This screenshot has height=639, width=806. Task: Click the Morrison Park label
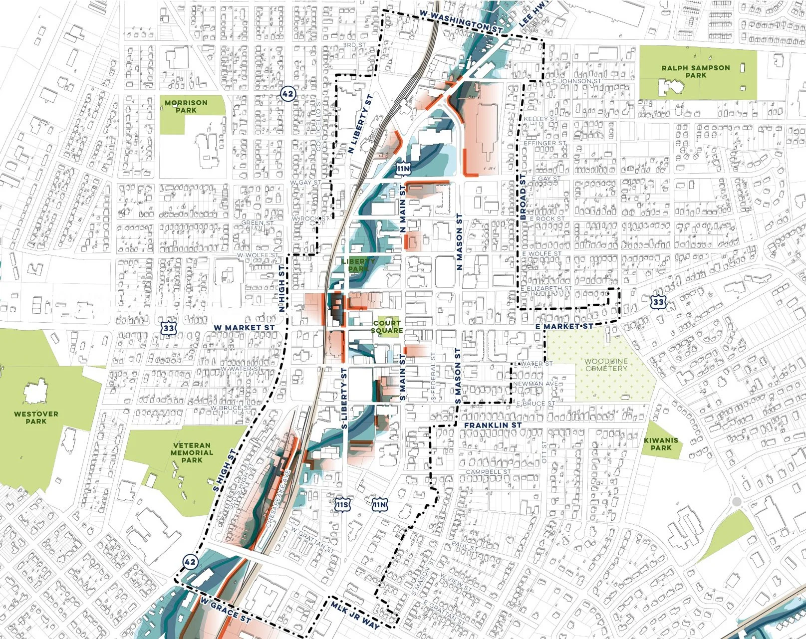pos(186,106)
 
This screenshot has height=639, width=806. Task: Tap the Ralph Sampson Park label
pos(696,71)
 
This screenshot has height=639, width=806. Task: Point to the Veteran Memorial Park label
pos(192,452)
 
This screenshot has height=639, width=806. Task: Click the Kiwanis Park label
pos(661,444)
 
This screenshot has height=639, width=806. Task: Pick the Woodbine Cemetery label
pos(606,365)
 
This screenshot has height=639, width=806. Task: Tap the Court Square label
pos(387,327)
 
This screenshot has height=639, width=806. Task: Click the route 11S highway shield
pos(342,505)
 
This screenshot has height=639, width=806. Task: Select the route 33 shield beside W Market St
pos(169,328)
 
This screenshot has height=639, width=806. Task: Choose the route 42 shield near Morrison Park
pos(287,93)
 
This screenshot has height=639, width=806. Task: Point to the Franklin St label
pos(493,425)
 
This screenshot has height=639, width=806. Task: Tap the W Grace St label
pos(225,610)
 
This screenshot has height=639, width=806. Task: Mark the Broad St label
pos(523,197)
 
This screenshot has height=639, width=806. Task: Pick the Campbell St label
pos(488,471)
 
